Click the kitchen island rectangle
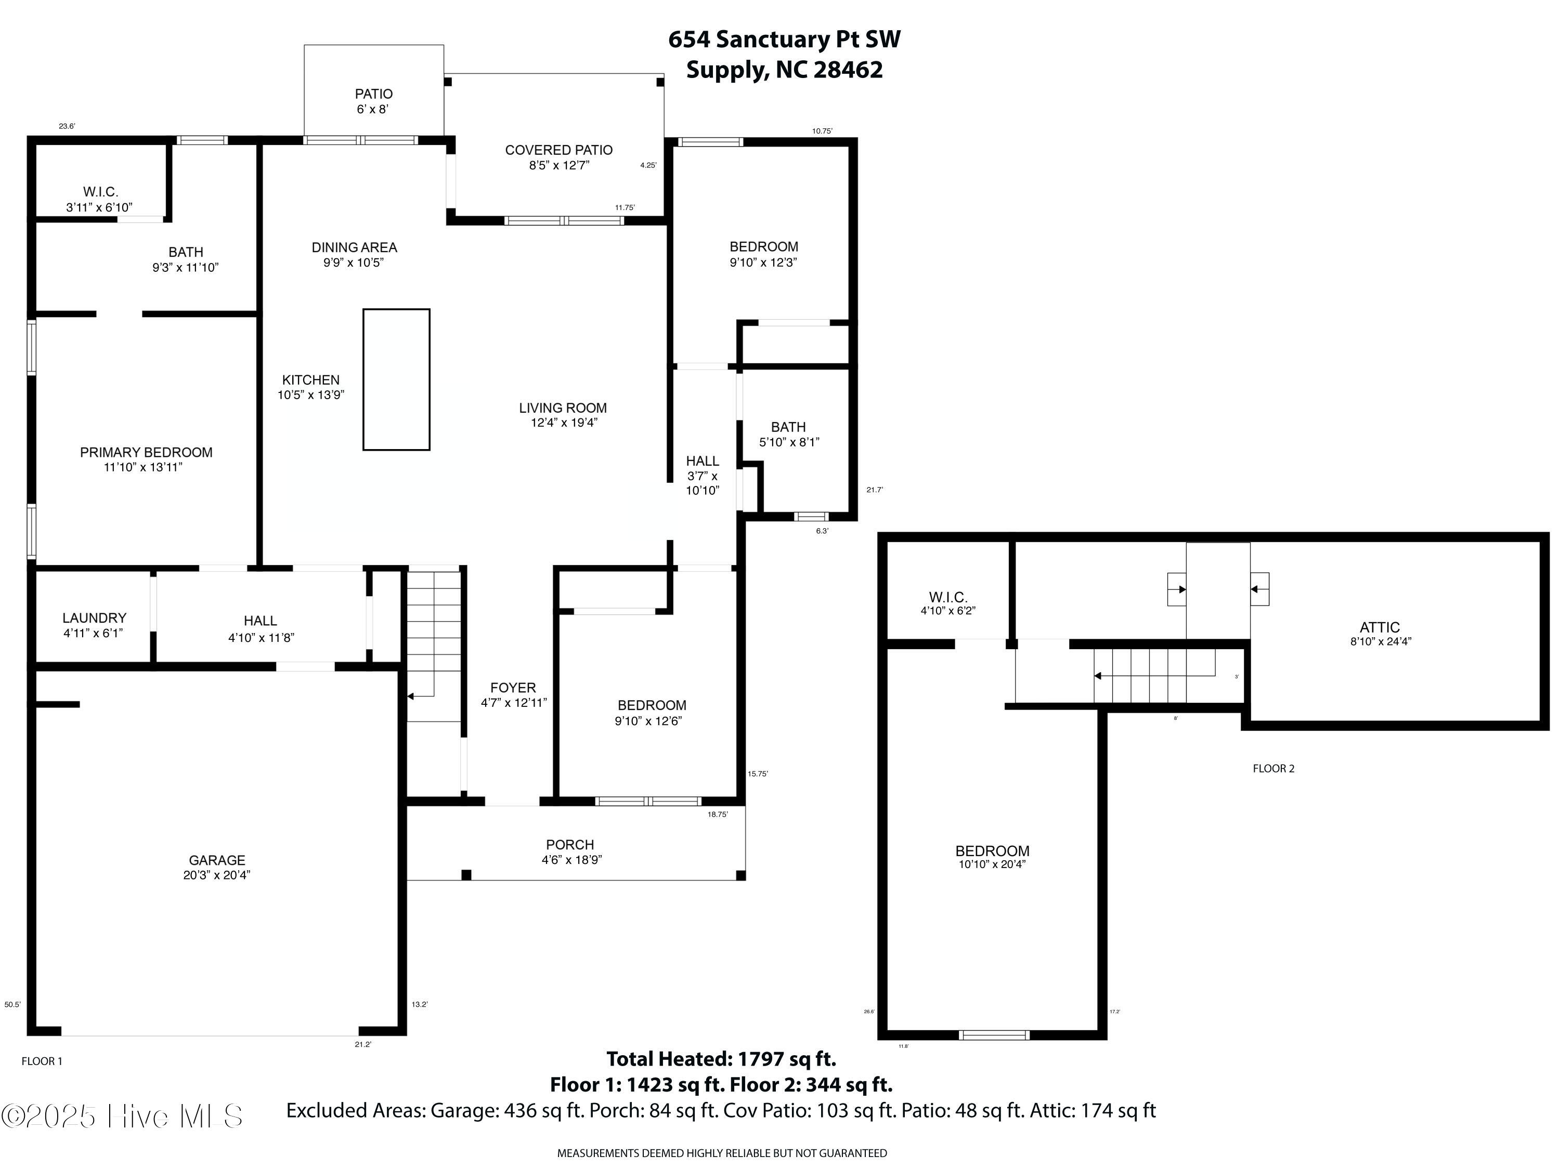click(x=396, y=379)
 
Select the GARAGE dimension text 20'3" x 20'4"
click(x=216, y=875)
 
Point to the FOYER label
click(x=513, y=688)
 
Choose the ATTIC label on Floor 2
click(x=1380, y=627)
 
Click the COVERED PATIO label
click(x=558, y=150)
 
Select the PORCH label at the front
click(x=570, y=845)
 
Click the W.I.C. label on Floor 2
click(x=948, y=597)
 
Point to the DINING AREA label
click(x=354, y=247)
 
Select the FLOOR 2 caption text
click(x=1273, y=769)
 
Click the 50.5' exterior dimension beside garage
click(x=12, y=1005)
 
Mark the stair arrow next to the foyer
click(x=411, y=697)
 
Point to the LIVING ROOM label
click(x=563, y=408)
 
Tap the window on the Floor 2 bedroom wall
click(x=994, y=1035)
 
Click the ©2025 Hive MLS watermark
click(x=122, y=1116)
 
